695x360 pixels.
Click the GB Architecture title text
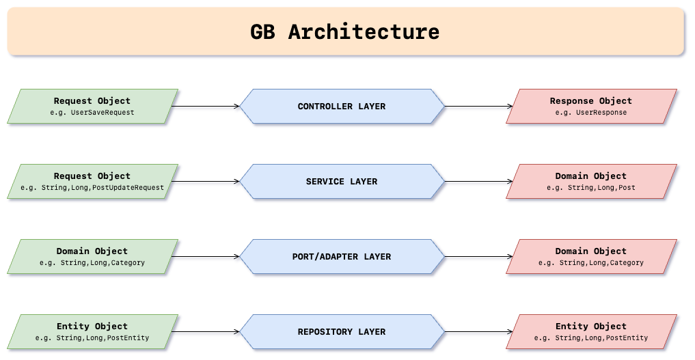click(344, 32)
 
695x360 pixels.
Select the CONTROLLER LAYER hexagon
click(342, 107)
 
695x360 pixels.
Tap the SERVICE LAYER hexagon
click(342, 182)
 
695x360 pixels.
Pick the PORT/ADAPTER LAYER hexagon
click(342, 257)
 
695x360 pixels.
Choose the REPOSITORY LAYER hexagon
click(342, 332)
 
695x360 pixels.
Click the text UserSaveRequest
click(103, 113)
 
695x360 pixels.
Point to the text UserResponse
click(601, 113)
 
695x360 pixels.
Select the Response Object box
click(591, 107)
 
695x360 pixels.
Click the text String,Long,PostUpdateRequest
click(103, 188)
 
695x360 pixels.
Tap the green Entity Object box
click(93, 332)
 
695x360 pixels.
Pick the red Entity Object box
click(591, 332)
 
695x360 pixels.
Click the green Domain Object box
click(93, 257)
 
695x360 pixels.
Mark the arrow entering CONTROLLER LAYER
click(206, 107)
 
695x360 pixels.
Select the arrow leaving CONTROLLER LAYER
click(478, 107)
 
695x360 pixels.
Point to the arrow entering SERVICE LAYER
click(206, 182)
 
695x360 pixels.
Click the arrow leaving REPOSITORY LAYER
click(478, 332)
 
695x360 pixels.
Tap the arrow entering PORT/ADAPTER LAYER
click(206, 257)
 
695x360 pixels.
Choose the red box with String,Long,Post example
click(591, 182)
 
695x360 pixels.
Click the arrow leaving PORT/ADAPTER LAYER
click(478, 257)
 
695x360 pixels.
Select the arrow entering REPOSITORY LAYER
click(206, 332)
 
